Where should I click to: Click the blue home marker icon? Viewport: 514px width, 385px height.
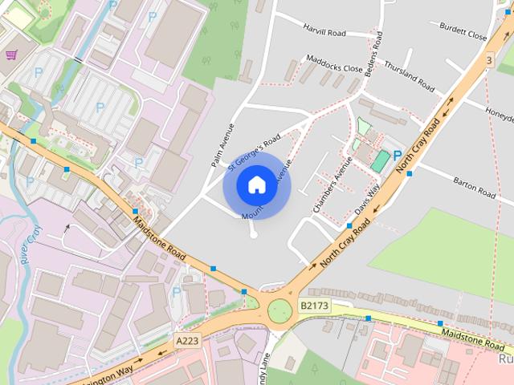[256, 185]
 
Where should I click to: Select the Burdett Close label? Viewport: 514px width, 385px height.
[463, 31]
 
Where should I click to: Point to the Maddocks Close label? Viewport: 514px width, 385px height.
[334, 63]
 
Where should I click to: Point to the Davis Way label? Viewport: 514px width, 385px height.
[367, 201]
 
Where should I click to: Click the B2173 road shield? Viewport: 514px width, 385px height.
[314, 306]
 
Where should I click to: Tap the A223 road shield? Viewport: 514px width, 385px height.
[186, 341]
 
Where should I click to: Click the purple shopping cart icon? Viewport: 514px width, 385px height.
[11, 55]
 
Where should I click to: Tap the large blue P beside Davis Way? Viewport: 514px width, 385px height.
[397, 155]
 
